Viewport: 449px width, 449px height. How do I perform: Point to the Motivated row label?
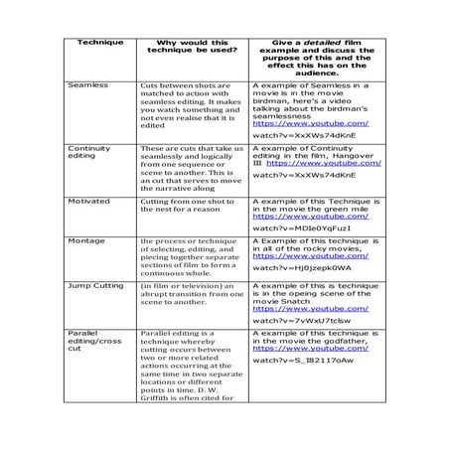coord(86,202)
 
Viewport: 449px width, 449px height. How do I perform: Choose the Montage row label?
coord(83,241)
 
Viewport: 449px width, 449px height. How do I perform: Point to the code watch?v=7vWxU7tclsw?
coord(301,321)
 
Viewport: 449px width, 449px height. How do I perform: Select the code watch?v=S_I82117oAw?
coord(302,360)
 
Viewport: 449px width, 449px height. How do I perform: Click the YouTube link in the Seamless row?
coord(311,122)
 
